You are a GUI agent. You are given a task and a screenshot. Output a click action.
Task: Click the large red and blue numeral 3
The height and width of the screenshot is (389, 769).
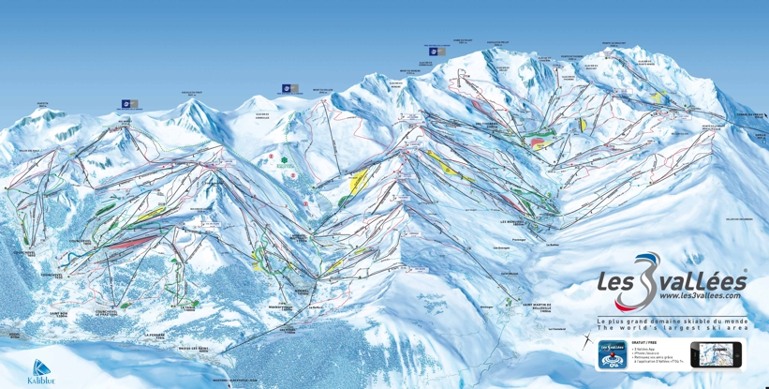click(646, 281)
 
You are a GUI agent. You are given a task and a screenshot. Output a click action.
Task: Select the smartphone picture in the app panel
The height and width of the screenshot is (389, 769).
click(715, 354)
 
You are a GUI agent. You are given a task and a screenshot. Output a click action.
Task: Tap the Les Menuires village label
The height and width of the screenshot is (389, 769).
click(516, 222)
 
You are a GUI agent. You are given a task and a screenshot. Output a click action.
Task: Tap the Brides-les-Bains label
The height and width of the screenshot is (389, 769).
click(195, 348)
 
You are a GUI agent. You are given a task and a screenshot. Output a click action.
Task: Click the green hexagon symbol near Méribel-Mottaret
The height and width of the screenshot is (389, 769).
click(283, 160)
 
